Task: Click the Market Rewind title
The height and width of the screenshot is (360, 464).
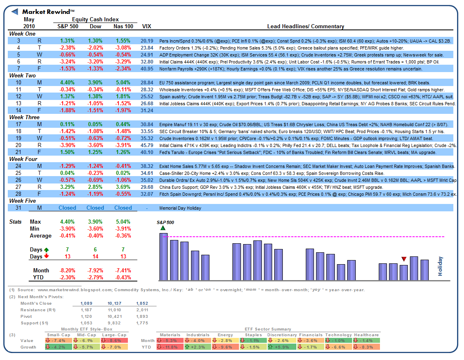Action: (x=48, y=12)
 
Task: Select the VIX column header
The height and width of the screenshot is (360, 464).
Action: (x=146, y=27)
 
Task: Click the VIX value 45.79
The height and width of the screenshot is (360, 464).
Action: (x=146, y=145)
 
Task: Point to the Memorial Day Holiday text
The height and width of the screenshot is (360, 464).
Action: (x=180, y=208)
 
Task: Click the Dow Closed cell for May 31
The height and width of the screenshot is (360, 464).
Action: (x=95, y=208)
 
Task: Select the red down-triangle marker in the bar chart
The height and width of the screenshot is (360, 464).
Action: (x=404, y=259)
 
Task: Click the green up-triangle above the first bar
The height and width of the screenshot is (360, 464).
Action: (x=163, y=228)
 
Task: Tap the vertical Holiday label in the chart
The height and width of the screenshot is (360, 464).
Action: (x=440, y=266)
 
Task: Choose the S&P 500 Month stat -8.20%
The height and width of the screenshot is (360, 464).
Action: (x=67, y=271)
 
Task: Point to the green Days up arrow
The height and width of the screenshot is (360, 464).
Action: (x=46, y=250)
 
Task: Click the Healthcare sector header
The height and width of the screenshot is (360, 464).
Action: (x=367, y=335)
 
